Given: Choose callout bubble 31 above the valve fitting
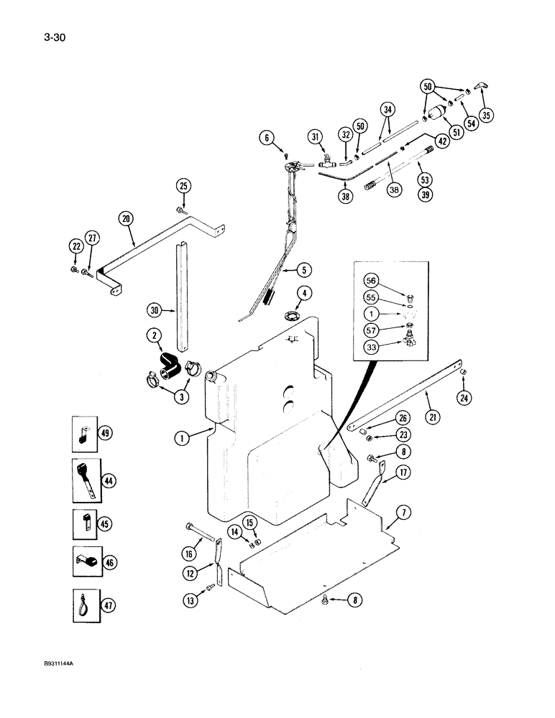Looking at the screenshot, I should (316, 137).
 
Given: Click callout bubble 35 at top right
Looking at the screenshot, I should (488, 114).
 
